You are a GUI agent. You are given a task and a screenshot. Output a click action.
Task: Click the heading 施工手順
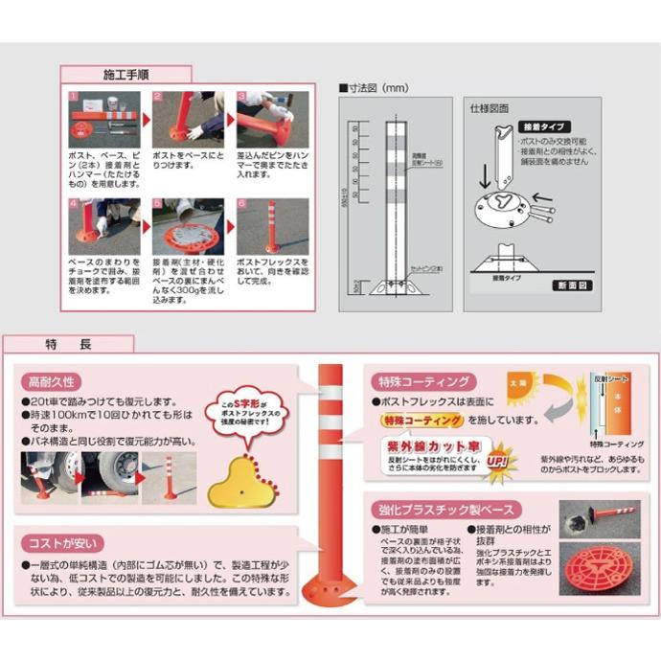coord(125,74)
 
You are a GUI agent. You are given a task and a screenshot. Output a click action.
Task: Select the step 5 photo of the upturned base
coord(188,226)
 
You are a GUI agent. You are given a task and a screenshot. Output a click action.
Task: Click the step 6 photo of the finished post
coord(272,226)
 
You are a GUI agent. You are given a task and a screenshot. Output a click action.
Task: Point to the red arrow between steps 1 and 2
coord(147,120)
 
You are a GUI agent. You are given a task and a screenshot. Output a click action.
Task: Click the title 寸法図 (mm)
coord(376,87)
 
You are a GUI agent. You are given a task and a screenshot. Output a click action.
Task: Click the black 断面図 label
coord(573,285)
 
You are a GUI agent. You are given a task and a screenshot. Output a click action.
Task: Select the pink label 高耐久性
coord(57,380)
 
